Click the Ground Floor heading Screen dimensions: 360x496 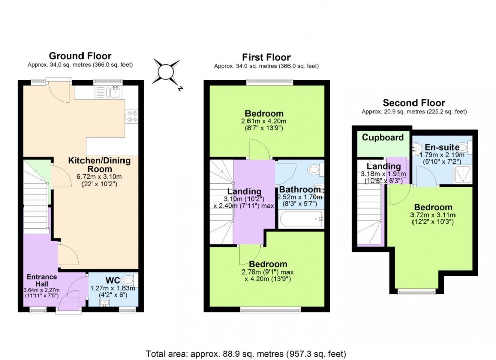tap(80, 56)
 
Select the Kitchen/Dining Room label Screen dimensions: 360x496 tap(100, 165)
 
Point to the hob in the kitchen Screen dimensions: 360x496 tap(132, 117)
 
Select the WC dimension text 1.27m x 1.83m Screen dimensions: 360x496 tap(112, 288)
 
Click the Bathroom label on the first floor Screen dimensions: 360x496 tap(300, 190)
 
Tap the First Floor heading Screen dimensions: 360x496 tap(266, 57)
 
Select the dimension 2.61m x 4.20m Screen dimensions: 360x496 tap(264, 121)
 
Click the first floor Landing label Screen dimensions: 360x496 tap(244, 191)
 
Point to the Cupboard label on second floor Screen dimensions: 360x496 tap(383, 137)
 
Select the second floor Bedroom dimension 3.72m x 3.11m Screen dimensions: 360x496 tap(433, 215)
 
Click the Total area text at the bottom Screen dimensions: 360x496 tap(246, 353)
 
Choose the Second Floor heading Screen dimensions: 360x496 tap(414, 103)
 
